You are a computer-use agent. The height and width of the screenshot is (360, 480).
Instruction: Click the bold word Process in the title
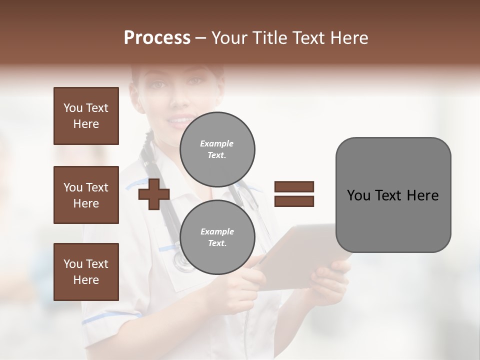tap(157, 38)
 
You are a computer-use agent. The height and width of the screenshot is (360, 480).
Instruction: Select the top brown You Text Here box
tap(86, 116)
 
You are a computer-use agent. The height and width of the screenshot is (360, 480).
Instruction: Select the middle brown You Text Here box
tap(86, 195)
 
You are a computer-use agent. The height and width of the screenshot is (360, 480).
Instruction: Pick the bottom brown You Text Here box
tap(86, 272)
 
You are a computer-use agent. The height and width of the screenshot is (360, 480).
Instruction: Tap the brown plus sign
tap(153, 194)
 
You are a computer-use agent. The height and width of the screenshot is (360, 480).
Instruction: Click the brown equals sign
tap(294, 194)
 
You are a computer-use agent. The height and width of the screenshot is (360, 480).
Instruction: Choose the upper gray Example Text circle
tap(217, 149)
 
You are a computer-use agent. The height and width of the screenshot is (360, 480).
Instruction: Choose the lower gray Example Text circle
tap(217, 237)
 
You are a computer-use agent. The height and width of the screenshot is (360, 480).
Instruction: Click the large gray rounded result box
tap(393, 195)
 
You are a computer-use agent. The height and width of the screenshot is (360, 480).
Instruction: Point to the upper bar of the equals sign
tap(294, 187)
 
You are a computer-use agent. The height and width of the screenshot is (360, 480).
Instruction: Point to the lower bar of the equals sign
tap(294, 201)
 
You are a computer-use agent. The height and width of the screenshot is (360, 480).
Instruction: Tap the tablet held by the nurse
tap(305, 255)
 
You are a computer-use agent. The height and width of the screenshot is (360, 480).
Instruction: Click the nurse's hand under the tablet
tap(330, 280)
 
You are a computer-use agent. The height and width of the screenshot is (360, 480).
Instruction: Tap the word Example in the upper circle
tap(217, 144)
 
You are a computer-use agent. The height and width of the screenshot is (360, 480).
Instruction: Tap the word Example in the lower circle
tap(217, 231)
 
